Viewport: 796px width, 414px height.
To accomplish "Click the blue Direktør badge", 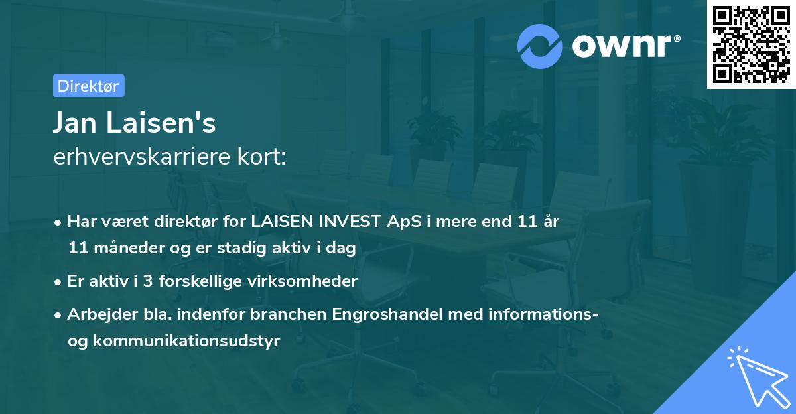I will [x=88, y=86].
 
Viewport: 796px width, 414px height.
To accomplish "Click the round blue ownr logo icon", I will [x=540, y=46].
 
